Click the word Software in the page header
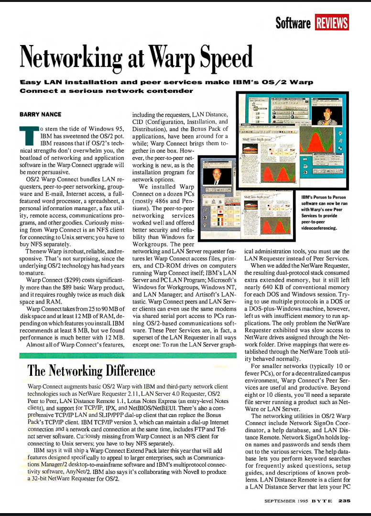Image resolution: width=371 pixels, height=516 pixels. tap(294, 22)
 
